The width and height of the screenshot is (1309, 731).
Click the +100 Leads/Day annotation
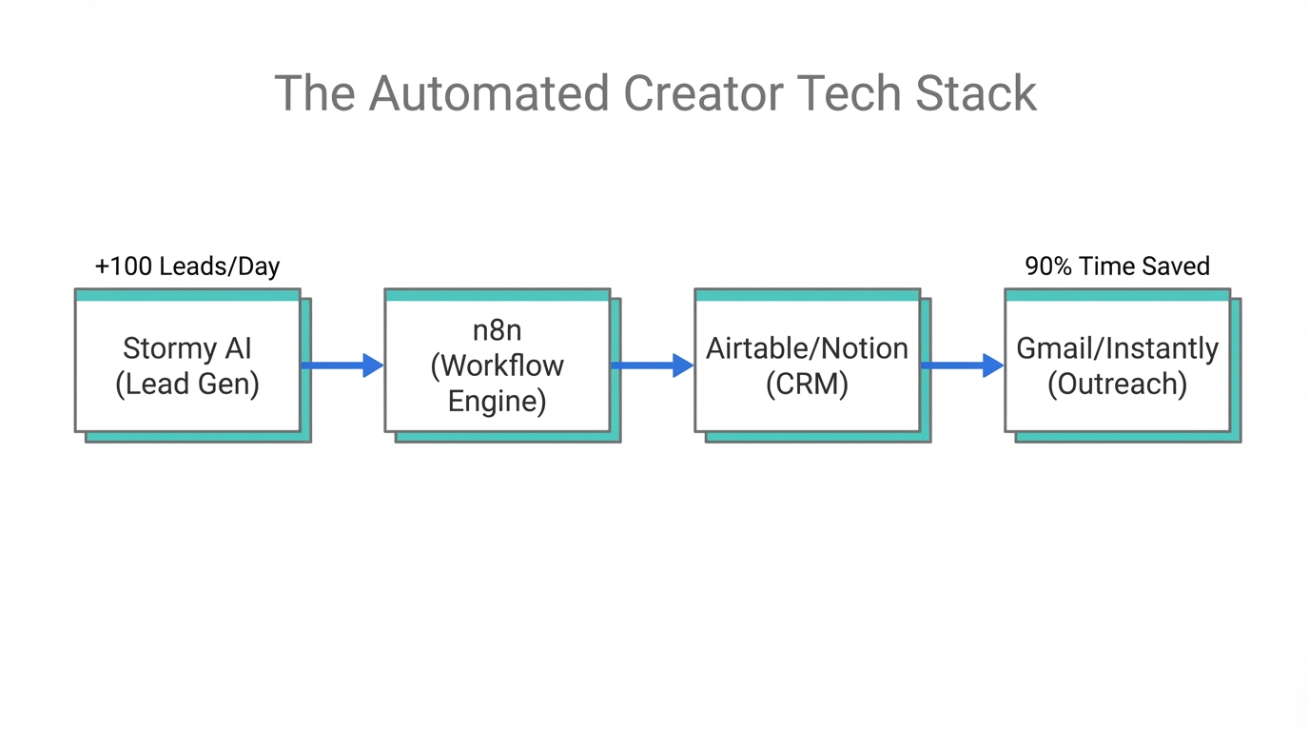click(x=187, y=267)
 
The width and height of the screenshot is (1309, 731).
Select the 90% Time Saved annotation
click(x=1117, y=267)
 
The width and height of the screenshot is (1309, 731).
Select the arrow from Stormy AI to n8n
click(x=342, y=365)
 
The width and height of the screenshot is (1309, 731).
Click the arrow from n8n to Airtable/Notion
click(x=652, y=365)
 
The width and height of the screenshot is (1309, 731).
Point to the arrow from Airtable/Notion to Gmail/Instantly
click(x=962, y=365)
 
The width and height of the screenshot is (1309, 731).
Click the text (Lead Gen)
click(x=187, y=385)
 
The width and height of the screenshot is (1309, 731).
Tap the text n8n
click(x=497, y=331)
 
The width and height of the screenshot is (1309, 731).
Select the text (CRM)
click(x=807, y=385)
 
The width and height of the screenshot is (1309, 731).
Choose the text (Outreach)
click(x=1117, y=385)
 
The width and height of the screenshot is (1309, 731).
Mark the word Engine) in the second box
click(x=497, y=402)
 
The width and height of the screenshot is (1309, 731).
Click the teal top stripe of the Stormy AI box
click(x=187, y=295)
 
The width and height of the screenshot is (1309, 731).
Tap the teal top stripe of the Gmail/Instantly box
click(x=1117, y=295)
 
